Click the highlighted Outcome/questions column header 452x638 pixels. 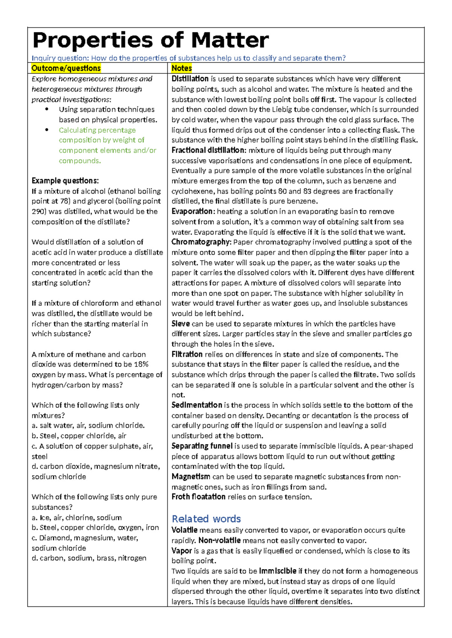click(66, 68)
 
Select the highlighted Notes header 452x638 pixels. click(182, 68)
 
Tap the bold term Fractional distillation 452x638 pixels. click(208, 150)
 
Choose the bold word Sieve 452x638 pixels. click(180, 324)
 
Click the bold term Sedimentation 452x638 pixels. click(197, 405)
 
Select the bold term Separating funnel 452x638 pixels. click(202, 446)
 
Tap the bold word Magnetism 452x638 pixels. click(191, 477)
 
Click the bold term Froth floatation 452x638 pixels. click(198, 497)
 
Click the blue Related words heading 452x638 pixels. click(206, 519)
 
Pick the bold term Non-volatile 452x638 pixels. click(219, 541)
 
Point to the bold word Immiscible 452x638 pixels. click(278, 571)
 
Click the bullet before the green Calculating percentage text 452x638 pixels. click(47, 130)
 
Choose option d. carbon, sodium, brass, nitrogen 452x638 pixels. click(89, 558)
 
